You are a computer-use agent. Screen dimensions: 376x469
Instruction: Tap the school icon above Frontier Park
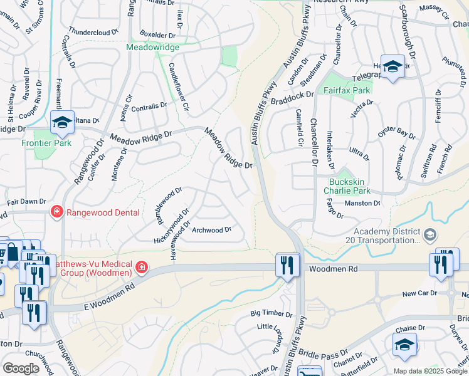(x=62, y=123)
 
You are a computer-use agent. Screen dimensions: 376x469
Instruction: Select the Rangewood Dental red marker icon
(x=56, y=212)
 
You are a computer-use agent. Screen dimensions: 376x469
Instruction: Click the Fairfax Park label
(x=347, y=90)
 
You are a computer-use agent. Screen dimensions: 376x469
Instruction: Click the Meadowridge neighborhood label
(x=153, y=48)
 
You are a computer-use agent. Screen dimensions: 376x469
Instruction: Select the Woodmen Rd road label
(x=333, y=268)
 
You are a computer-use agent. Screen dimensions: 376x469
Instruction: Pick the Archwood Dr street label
(x=211, y=230)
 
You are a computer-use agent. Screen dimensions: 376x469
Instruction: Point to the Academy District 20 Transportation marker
(x=430, y=235)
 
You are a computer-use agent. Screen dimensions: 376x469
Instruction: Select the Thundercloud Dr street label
(x=93, y=32)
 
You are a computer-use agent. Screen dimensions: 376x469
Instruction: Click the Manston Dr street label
(x=362, y=203)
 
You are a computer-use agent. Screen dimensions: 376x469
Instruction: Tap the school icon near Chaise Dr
(x=404, y=344)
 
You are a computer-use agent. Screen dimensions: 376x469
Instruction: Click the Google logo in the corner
(x=21, y=368)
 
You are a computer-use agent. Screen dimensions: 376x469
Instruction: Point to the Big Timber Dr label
(x=271, y=313)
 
